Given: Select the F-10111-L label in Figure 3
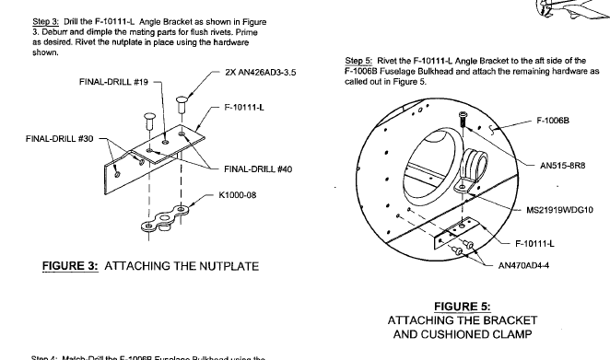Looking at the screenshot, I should click(x=249, y=107).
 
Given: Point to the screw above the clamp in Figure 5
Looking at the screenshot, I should click(x=462, y=117).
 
